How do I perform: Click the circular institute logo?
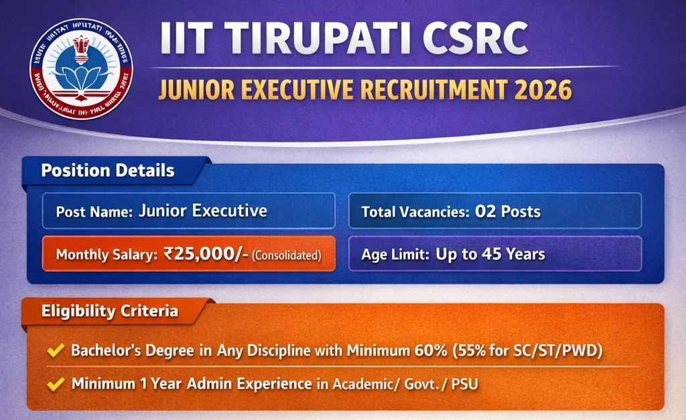(81, 70)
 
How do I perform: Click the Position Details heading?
(108, 170)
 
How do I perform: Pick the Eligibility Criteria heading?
(110, 311)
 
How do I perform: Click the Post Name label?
(94, 212)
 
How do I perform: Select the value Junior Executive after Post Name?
(202, 211)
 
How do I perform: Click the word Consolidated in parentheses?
(287, 255)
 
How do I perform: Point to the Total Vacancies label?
(415, 213)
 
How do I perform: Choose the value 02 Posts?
(508, 213)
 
